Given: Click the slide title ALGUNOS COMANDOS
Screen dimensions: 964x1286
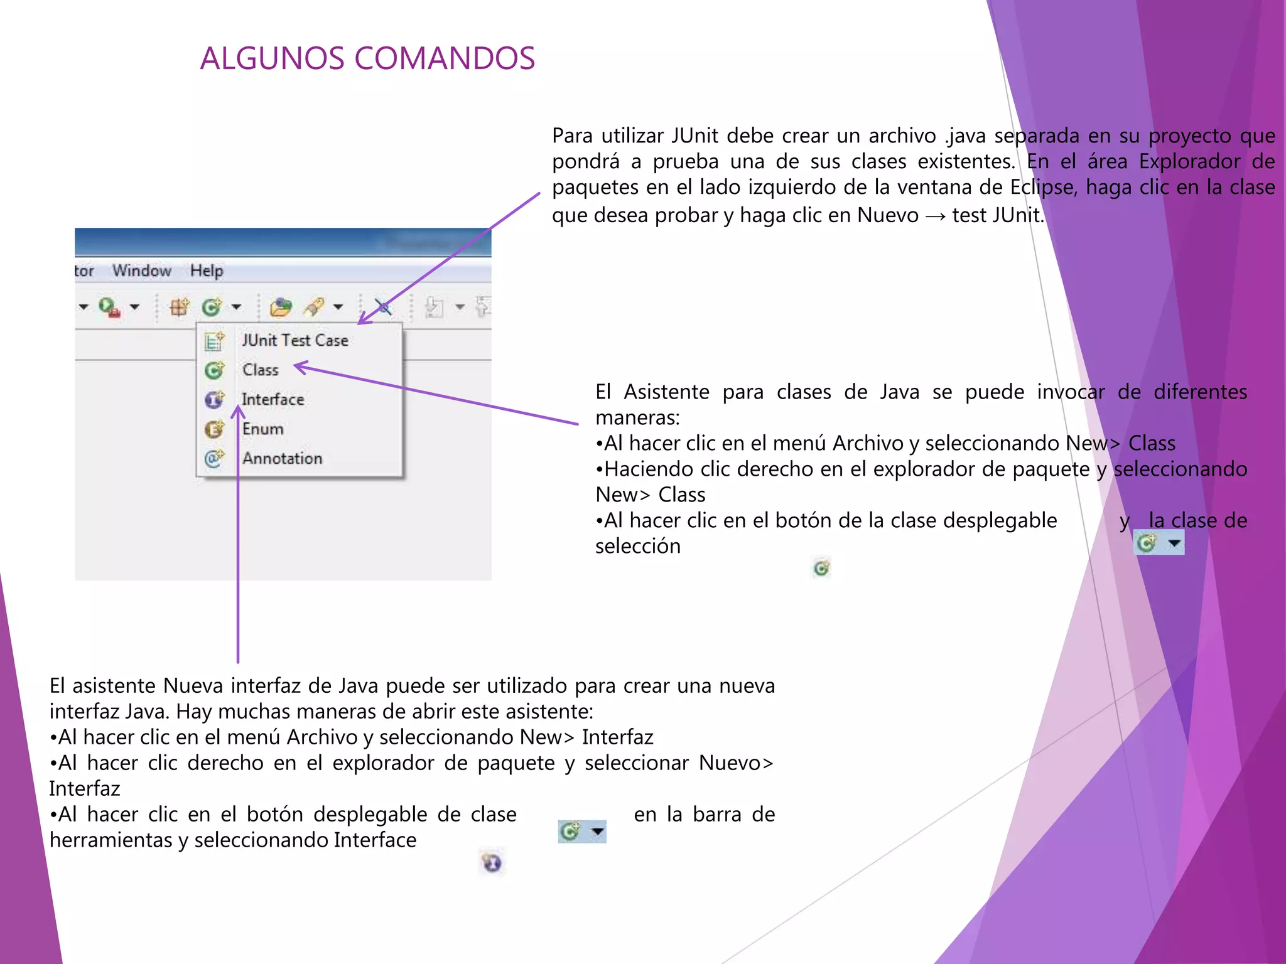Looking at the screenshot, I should tap(367, 58).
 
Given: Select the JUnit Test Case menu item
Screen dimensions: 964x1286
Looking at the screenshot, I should tap(294, 340).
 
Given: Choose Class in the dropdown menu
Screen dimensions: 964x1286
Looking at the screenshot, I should tap(260, 370).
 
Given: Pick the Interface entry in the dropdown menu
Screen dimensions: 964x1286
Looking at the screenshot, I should tap(273, 399).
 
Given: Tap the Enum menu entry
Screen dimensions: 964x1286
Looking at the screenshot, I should tap(262, 429).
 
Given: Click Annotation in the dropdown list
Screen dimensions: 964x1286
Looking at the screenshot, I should tap(282, 458).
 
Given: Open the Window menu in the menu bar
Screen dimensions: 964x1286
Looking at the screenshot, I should tap(141, 270).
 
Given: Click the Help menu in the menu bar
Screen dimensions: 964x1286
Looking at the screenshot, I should tap(207, 270).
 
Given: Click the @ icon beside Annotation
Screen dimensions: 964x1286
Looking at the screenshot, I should tap(213, 458).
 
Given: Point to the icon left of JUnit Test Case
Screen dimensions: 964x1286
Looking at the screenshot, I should tap(214, 341).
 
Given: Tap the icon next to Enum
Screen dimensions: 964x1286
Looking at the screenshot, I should tap(214, 429).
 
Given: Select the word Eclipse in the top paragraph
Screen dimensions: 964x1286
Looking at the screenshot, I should tap(1042, 187).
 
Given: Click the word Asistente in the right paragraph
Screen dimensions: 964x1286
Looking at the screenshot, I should tap(666, 392).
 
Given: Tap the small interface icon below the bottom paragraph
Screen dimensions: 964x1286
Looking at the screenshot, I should tap(492, 863).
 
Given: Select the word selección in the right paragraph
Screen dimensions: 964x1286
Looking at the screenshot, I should tap(637, 546).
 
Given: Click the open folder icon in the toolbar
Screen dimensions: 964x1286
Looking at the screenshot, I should tap(281, 307).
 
